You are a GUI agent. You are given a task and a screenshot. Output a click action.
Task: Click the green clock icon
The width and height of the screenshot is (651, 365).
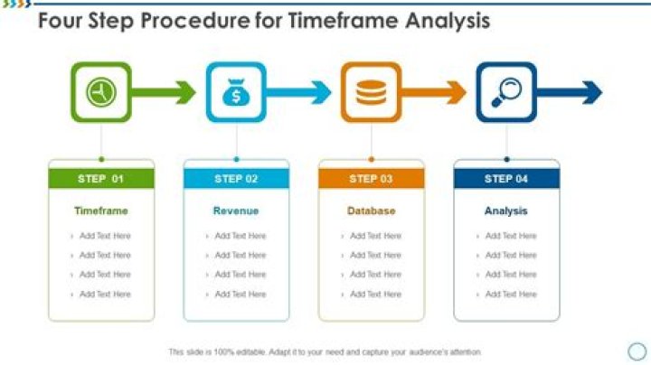click(100, 92)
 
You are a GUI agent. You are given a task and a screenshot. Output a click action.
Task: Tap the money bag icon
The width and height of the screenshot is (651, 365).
click(236, 92)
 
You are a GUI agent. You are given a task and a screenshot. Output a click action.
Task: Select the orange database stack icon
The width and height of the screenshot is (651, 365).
click(371, 92)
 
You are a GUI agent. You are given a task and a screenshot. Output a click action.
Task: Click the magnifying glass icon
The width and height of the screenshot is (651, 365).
click(506, 92)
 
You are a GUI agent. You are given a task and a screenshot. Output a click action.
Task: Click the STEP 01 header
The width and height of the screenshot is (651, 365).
click(100, 179)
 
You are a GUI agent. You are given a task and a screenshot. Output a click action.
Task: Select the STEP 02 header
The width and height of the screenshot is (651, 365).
click(236, 179)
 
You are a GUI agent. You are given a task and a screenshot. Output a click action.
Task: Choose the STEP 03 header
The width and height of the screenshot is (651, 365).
click(371, 179)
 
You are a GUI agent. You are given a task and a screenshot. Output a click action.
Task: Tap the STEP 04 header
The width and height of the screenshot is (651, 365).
click(506, 179)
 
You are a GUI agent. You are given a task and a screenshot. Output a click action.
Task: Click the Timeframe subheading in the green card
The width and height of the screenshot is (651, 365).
click(100, 211)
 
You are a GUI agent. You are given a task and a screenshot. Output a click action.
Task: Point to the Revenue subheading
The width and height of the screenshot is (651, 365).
click(236, 211)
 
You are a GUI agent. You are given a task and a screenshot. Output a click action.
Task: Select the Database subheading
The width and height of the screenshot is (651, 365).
click(371, 211)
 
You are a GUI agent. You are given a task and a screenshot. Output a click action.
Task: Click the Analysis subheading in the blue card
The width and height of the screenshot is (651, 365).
click(506, 211)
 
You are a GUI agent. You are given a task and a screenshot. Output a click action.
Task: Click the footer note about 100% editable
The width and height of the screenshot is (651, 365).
click(325, 351)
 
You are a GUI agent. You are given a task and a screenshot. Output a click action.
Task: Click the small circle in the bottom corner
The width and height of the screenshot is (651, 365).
click(637, 351)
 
